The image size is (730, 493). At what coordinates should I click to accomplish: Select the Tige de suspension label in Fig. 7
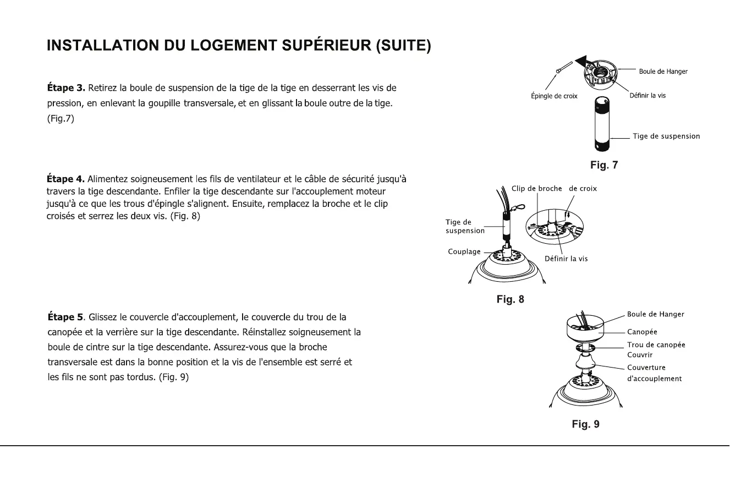click(x=666, y=136)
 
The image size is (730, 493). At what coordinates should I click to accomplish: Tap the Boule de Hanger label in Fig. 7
click(x=663, y=72)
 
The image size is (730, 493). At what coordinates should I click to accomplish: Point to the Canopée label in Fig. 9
click(x=642, y=332)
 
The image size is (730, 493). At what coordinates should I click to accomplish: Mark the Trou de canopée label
click(x=656, y=345)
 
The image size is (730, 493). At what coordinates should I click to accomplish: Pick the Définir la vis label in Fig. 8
click(x=566, y=259)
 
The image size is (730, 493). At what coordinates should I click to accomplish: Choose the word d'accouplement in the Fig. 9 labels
click(x=655, y=379)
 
